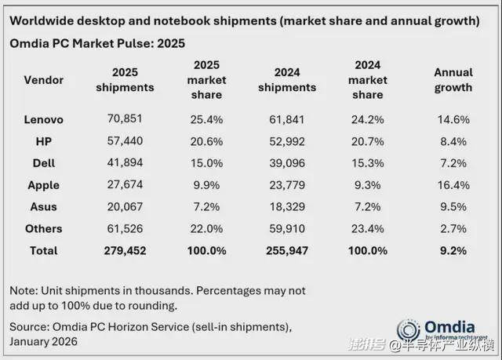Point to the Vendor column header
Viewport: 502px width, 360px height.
[44, 80]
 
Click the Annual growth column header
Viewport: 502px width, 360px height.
[453, 80]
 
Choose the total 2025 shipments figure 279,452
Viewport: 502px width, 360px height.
[125, 251]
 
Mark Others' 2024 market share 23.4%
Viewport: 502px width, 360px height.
[368, 229]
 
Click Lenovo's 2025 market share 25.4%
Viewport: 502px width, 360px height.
[207, 119]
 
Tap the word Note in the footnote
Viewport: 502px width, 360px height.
[23, 290]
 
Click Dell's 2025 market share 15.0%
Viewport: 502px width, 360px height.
[207, 163]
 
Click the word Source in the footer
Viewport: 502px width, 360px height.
[28, 326]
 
